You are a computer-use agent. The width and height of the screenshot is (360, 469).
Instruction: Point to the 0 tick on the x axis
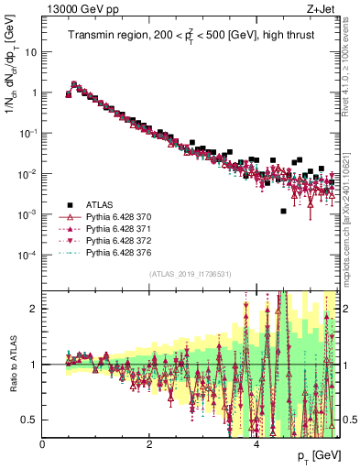click(43, 444)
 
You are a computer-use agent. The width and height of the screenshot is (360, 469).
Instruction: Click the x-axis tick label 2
click(149, 444)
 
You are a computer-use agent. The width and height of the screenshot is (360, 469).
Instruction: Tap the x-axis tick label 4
click(256, 444)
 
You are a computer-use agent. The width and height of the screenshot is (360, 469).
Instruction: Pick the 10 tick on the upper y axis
click(30, 52)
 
